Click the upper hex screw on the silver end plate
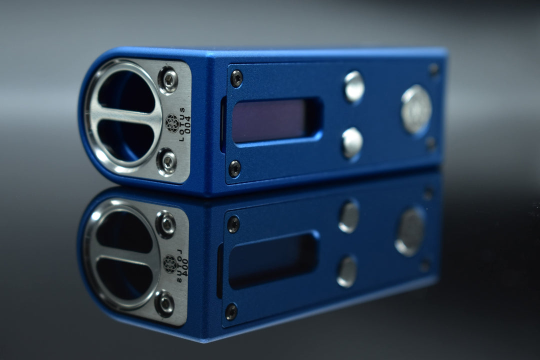coord(168,80)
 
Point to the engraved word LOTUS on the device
coord(182,124)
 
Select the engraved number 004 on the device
coord(187,125)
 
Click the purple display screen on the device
coord(269,120)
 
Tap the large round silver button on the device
coord(416,109)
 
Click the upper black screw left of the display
coord(236,78)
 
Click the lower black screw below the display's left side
coord(235,169)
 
